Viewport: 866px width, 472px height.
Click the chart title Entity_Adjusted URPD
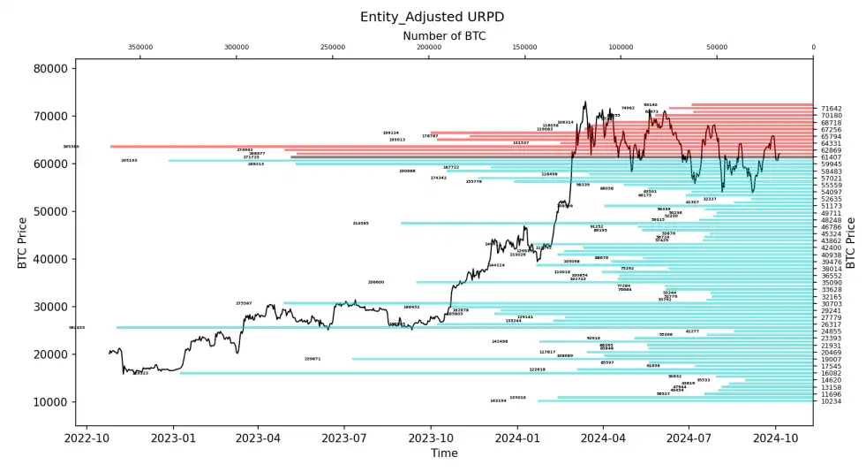(x=433, y=17)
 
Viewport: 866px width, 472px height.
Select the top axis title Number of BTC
(x=444, y=35)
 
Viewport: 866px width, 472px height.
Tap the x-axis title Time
(x=444, y=453)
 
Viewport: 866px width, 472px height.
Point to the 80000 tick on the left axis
(x=54, y=69)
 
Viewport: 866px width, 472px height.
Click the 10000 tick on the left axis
(x=54, y=402)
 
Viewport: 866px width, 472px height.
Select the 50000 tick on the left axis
(x=54, y=211)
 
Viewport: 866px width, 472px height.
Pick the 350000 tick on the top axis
(x=140, y=48)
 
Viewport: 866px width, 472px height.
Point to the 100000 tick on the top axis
(x=621, y=48)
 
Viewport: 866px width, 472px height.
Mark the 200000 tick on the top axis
(x=429, y=48)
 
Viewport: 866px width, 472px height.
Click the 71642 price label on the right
(x=831, y=109)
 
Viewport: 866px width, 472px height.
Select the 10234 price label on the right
(x=831, y=401)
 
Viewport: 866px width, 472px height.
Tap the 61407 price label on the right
(x=831, y=157)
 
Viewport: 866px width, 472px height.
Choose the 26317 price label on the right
(x=831, y=324)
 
